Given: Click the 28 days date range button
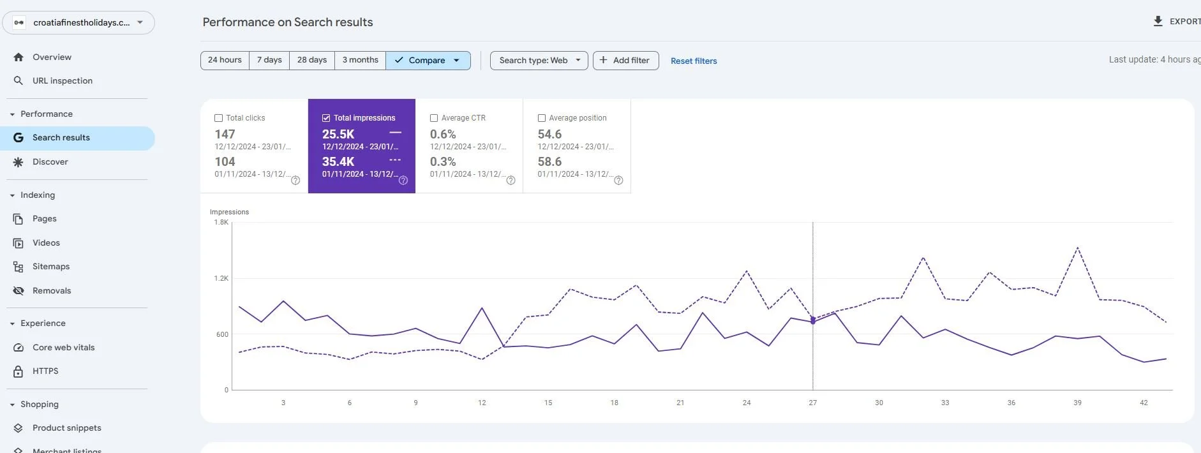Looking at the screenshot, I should click(311, 60).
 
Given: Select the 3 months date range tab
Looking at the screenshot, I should click(360, 60).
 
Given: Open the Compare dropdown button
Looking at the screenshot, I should click(428, 60).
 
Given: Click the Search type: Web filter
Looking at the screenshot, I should click(539, 60).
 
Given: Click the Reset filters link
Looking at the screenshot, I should click(694, 61).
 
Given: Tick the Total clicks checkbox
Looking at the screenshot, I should click(219, 118).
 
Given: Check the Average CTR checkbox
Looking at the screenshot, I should click(434, 118).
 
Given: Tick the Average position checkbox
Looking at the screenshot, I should click(542, 118).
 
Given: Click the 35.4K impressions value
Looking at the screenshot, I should click(338, 162).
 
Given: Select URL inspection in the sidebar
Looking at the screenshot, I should click(63, 81).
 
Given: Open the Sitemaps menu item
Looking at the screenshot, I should click(51, 267).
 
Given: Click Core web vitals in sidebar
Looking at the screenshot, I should click(63, 348).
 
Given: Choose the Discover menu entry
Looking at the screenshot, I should click(50, 162).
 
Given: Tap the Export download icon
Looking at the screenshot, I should click(1158, 21).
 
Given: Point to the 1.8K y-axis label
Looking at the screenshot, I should click(221, 223).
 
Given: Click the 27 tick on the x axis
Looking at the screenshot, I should click(812, 403).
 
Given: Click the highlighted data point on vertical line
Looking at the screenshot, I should click(812, 322).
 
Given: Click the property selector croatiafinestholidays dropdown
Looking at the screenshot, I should click(78, 22).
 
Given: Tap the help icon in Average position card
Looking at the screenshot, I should click(618, 181).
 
